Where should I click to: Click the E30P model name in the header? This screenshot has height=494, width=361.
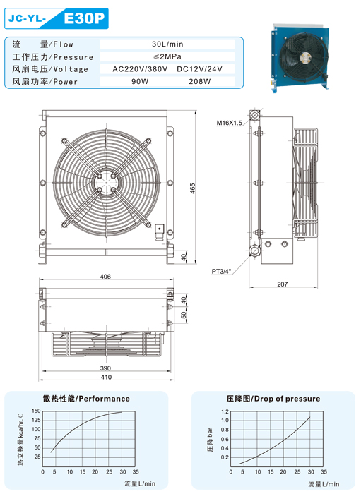point(84,18)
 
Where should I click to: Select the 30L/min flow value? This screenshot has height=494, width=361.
point(167,44)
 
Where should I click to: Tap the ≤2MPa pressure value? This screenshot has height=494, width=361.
point(167,56)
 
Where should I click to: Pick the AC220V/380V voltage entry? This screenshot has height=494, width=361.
point(140,69)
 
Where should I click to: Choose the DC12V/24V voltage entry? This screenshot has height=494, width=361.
point(200,69)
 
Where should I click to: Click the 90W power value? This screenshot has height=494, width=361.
point(140,81)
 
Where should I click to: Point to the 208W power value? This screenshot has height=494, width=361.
point(200,81)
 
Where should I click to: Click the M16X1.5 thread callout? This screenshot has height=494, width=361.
point(229,123)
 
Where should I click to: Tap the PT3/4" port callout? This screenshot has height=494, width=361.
point(221,271)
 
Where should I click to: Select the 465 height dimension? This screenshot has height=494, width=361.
point(193,188)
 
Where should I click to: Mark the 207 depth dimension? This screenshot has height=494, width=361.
point(283,284)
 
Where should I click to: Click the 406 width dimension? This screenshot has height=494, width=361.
point(105,277)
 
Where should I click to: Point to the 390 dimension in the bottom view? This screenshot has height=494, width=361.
point(105,368)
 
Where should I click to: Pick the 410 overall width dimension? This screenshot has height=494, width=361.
point(106,377)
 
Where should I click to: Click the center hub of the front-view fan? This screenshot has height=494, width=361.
point(106,183)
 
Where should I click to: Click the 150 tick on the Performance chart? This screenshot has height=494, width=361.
point(36,411)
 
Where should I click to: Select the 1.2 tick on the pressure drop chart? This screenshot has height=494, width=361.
point(225,411)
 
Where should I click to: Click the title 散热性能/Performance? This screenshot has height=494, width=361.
point(86,399)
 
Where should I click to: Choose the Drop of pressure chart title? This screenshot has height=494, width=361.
point(287,399)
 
